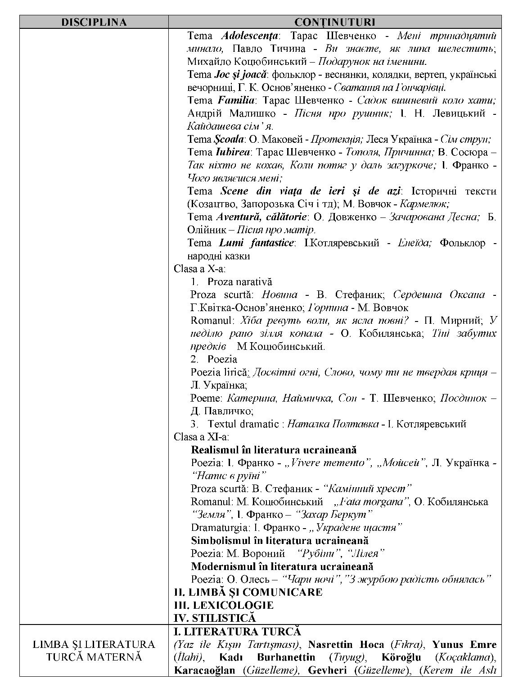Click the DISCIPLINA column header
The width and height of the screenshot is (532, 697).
pyautogui.click(x=94, y=22)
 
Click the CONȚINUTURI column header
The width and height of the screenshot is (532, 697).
pyautogui.click(x=334, y=22)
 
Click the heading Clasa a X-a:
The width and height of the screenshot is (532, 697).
pyautogui.click(x=200, y=269)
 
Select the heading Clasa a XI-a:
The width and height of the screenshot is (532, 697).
pyautogui.click(x=201, y=437)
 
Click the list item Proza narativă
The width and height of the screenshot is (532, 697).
pyautogui.click(x=239, y=282)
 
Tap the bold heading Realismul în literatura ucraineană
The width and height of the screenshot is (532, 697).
pyautogui.click(x=274, y=450)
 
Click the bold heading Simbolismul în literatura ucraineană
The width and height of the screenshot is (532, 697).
pyautogui.click(x=280, y=540)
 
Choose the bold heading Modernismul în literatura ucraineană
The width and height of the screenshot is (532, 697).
pyautogui.click(x=282, y=566)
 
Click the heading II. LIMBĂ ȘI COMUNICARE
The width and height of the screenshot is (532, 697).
pyautogui.click(x=248, y=592)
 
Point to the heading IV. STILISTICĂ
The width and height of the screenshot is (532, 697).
pyautogui.click(x=215, y=618)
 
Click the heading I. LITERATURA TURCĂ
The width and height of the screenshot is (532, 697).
pyautogui.click(x=237, y=631)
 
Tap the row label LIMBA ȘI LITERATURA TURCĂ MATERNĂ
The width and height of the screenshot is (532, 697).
pyautogui.click(x=94, y=651)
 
